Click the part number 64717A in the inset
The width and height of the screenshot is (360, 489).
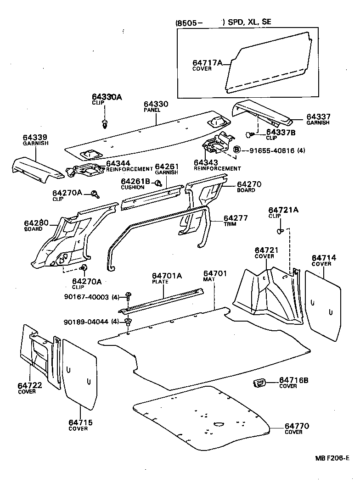[x=207, y=63]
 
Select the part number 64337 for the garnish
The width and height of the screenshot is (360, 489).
[x=318, y=117]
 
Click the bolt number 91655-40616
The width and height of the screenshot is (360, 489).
[x=269, y=150]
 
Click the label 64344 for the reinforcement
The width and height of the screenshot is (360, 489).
[x=118, y=163]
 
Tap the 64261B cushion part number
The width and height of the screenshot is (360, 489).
[x=136, y=182]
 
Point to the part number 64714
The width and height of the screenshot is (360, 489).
[x=324, y=258]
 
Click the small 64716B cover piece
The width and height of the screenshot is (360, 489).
[x=259, y=382]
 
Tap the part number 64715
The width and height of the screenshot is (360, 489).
[x=81, y=422]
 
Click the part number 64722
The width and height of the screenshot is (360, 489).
[x=30, y=385]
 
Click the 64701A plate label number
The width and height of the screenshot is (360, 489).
[x=167, y=276]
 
